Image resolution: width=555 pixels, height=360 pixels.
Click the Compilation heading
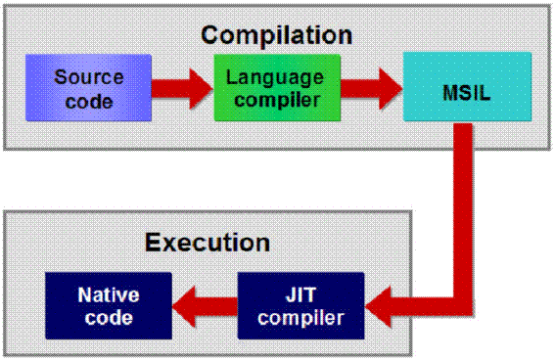tap(276, 35)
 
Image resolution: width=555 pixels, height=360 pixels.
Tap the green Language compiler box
tap(277, 88)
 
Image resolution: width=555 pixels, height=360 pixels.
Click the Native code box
tap(109, 305)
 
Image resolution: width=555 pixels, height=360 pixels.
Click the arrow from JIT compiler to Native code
tap(205, 305)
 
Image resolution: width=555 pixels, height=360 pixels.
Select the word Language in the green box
tap(277, 76)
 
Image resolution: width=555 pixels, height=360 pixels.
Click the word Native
tap(109, 294)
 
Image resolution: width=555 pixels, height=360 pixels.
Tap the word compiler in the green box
tap(277, 99)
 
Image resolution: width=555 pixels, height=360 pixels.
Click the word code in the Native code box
tap(109, 317)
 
